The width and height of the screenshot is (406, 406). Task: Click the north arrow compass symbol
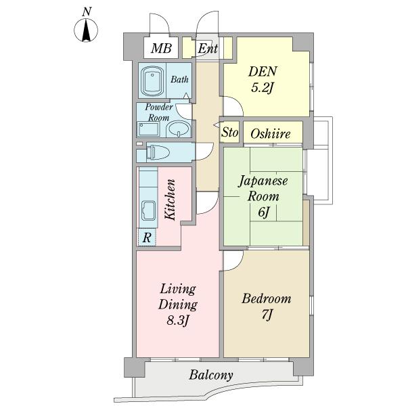(x=86, y=30)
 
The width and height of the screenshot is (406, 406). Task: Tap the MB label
(x=161, y=48)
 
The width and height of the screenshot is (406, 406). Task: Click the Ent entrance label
(x=208, y=49)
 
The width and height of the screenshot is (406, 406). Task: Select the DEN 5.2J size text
(x=263, y=88)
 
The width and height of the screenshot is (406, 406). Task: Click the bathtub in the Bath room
(x=152, y=81)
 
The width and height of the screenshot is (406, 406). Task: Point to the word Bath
(x=179, y=79)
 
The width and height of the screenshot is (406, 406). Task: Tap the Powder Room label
(x=159, y=112)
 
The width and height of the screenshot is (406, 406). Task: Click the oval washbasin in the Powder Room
(x=178, y=129)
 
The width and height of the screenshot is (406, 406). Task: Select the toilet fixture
(x=158, y=152)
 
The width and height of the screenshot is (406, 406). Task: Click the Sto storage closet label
(x=229, y=133)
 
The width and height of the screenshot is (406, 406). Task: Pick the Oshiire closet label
(x=270, y=133)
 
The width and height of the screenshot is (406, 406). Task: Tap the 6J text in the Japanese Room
(x=264, y=212)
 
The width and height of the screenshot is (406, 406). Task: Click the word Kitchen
(x=171, y=200)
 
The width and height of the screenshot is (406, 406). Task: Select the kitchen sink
(x=148, y=210)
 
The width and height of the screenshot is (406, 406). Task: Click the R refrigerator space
(x=147, y=238)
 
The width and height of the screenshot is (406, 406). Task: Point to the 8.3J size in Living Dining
(x=177, y=321)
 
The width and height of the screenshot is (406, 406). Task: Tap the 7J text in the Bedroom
(x=267, y=315)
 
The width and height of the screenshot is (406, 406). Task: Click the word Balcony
(x=210, y=375)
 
